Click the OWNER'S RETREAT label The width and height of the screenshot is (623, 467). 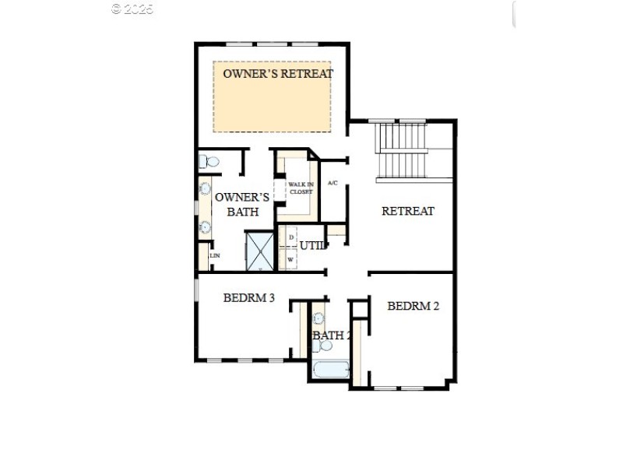277,74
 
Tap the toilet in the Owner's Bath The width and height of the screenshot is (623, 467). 209,162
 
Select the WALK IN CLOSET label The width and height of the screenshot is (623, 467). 300,188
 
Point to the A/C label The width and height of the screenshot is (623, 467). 333,183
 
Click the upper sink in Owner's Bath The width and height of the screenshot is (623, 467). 206,188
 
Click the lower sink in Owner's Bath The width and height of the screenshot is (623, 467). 206,226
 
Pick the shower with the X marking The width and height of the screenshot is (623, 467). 260,251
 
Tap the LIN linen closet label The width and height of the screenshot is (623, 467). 214,255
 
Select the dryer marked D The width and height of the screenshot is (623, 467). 291,237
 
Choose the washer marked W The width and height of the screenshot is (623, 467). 290,259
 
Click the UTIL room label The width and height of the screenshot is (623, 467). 311,246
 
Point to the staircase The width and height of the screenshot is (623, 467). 403,150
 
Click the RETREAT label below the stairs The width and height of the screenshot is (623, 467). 407,211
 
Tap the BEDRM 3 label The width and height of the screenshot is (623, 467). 248,297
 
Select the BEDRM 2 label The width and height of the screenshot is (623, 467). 413,306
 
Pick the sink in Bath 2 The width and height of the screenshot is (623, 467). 319,318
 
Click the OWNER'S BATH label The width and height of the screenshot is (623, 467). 242,204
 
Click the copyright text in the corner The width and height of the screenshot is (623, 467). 132,9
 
